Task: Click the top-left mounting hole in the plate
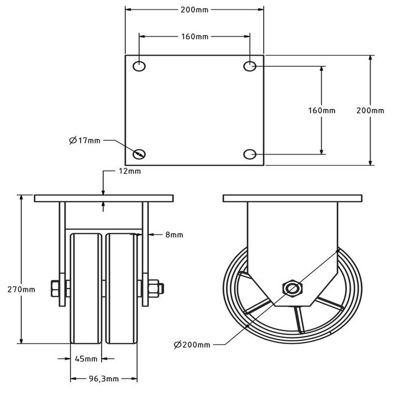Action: [x=139, y=66]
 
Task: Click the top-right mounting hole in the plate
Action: [x=250, y=66]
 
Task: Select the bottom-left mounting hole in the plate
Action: [x=139, y=153]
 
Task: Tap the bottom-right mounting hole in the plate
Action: [x=250, y=153]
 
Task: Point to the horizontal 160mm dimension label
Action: [x=195, y=36]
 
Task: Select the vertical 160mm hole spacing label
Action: [x=322, y=111]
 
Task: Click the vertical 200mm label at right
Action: [x=371, y=111]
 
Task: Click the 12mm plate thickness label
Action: [x=130, y=171]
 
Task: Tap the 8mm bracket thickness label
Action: [x=175, y=235]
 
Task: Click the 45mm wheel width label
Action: [x=86, y=358]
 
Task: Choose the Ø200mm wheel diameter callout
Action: [x=190, y=344]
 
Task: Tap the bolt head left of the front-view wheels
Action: [x=56, y=289]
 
